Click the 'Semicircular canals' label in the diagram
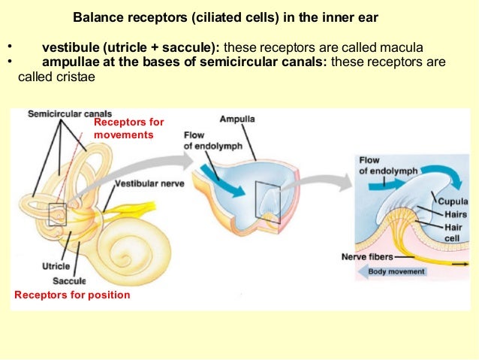pos(70,114)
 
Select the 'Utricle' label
pos(56,266)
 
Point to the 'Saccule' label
pos(69,281)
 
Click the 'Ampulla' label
pos(237,119)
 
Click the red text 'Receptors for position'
pos(72,295)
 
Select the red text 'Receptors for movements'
pos(128,128)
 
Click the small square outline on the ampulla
pos(266,198)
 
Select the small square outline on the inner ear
pos(58,215)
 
